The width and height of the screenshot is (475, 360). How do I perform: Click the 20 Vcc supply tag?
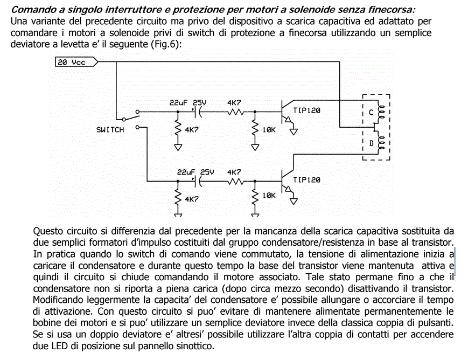[x=76, y=62]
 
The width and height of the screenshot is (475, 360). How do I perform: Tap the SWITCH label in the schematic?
[x=110, y=130]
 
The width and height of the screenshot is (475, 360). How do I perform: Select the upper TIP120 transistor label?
[x=306, y=110]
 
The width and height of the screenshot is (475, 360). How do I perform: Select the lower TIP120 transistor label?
[x=306, y=180]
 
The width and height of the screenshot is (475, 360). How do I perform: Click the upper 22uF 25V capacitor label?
[x=188, y=103]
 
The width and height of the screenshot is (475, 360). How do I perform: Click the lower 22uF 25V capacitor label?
[x=195, y=172]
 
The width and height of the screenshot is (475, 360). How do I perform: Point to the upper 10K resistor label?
[x=269, y=130]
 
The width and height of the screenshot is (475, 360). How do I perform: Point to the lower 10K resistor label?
[x=269, y=196]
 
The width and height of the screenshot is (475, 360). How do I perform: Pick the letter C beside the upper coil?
[x=371, y=113]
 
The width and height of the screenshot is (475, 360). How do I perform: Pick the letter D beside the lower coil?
[x=372, y=143]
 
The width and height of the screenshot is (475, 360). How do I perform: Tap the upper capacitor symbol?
[x=197, y=112]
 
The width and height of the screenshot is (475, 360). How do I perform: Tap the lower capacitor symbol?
[x=197, y=181]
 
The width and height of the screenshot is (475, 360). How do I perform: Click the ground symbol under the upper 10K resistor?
[x=255, y=148]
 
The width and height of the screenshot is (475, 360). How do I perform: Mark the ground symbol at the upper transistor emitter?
[x=294, y=131]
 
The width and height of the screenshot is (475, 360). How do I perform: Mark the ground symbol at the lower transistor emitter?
[x=294, y=201]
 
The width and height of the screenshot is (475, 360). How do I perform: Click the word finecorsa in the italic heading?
[x=391, y=9]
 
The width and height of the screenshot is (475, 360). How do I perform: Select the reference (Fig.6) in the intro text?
[x=165, y=44]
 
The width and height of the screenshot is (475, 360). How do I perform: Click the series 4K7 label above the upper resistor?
[x=234, y=103]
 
